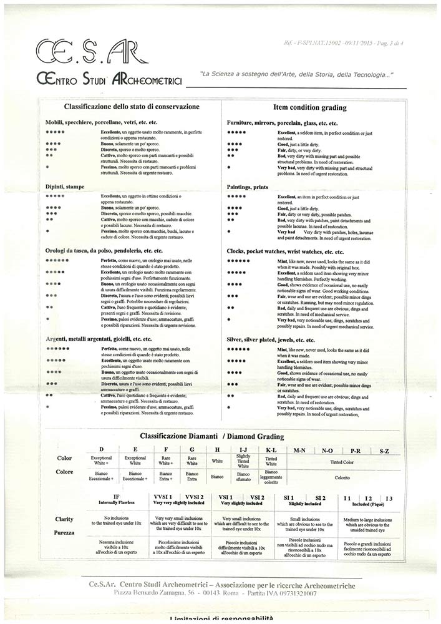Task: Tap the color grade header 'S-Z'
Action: [x=384, y=450]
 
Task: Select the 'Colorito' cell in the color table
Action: [x=342, y=477]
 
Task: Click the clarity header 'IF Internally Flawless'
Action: [x=116, y=500]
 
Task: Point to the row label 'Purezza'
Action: [x=64, y=534]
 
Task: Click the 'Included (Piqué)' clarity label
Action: [x=368, y=502]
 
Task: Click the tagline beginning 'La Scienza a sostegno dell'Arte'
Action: [x=296, y=75]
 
